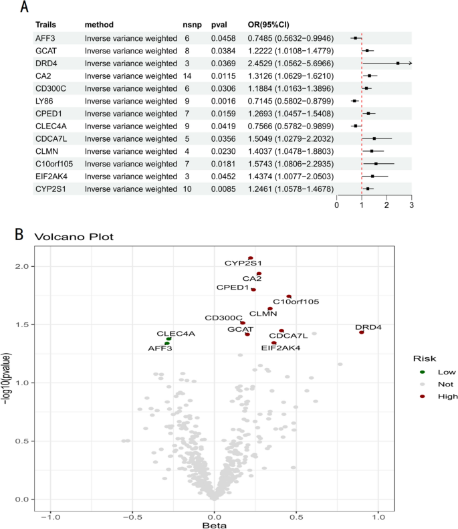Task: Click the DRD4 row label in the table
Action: pyautogui.click(x=45, y=63)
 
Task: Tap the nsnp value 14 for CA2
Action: pyautogui.click(x=188, y=76)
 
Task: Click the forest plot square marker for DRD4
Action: pyautogui.click(x=398, y=63)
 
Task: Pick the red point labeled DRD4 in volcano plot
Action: pyautogui.click(x=362, y=332)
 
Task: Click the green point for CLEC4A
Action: pyautogui.click(x=168, y=339)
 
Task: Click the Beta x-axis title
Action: pyautogui.click(x=215, y=525)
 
